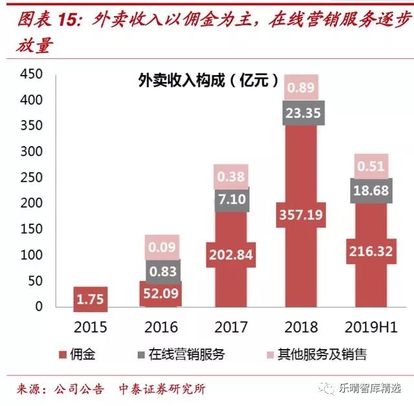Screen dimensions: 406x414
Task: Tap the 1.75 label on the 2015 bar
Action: tap(91, 299)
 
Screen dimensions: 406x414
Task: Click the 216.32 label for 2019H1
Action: tap(370, 251)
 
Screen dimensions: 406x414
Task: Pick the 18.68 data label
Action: tap(370, 191)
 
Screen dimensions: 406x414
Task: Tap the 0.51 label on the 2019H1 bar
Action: tap(370, 166)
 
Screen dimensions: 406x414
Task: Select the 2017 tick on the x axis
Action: tap(230, 326)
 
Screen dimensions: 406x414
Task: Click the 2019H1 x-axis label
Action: tap(370, 326)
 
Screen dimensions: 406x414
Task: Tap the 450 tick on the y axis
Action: tap(30, 75)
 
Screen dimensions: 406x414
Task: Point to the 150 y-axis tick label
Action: tap(30, 229)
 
